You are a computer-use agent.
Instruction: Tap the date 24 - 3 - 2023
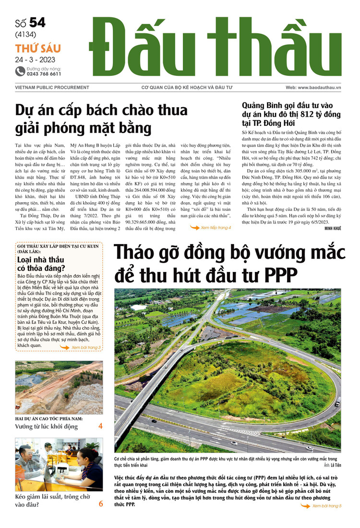click(x=35, y=60)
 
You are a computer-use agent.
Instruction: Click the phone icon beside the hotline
click(x=20, y=71)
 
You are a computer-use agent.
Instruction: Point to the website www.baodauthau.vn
click(x=320, y=88)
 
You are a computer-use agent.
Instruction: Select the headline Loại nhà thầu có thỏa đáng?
click(x=41, y=264)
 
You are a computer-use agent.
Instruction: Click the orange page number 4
click(x=100, y=426)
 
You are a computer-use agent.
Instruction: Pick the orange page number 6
click(x=101, y=503)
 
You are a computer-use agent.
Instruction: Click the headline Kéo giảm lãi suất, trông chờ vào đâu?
click(x=47, y=500)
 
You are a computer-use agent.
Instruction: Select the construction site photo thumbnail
click(x=59, y=388)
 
